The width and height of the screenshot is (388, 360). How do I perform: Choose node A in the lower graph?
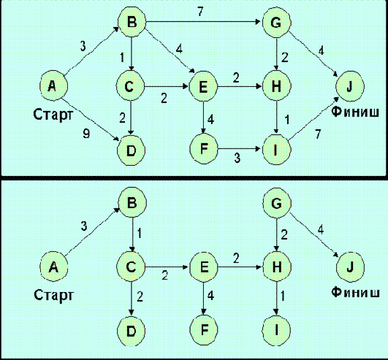click(x=53, y=268)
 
